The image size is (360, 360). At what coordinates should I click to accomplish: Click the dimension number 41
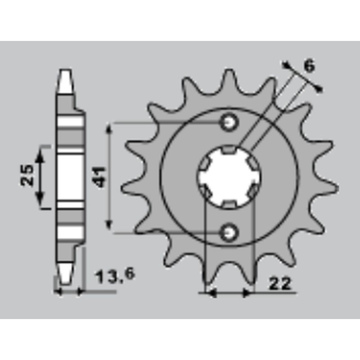(100, 176)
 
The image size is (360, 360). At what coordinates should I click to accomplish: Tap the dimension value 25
(27, 175)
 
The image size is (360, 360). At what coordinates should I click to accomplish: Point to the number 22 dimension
(280, 283)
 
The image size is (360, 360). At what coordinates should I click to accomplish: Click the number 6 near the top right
(309, 66)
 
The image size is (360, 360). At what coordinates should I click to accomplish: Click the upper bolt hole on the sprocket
(229, 122)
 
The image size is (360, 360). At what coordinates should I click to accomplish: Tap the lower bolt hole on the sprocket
(229, 232)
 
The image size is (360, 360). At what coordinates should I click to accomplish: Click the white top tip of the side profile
(66, 81)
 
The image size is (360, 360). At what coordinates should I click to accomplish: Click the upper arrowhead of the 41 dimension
(108, 128)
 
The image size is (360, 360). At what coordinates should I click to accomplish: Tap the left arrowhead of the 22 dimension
(211, 293)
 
